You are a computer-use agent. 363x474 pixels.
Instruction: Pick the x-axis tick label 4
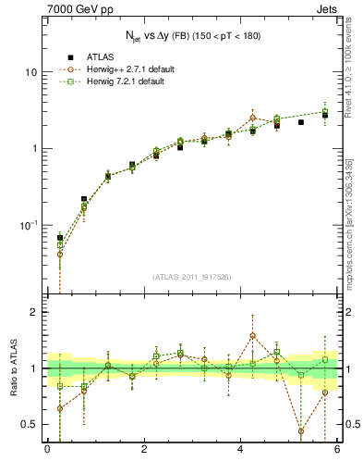point(240,451)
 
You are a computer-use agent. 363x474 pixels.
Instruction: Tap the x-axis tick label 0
point(47,451)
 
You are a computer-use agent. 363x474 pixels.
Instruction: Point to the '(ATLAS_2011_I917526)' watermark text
point(192,277)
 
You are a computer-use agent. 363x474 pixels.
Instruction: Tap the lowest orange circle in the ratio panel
point(301,431)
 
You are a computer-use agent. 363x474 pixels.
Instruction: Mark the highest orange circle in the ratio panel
point(253,335)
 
